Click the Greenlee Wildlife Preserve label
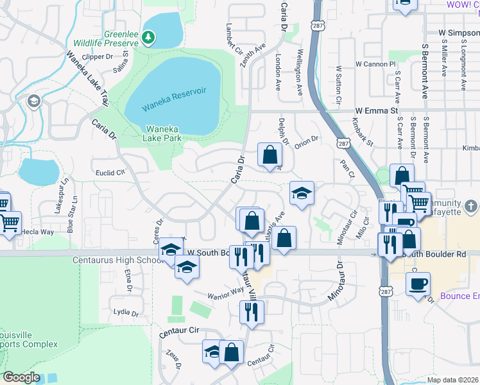pyautogui.click(x=121, y=38)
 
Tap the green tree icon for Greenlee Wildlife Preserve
pyautogui.click(x=148, y=38)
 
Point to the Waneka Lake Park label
pyautogui.click(x=164, y=133)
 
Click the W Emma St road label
pyautogui.click(x=379, y=110)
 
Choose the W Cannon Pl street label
pyautogui.click(x=375, y=64)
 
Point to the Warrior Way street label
pyautogui.click(x=225, y=293)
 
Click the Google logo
pyautogui.click(x=21, y=377)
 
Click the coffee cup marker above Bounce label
pyautogui.click(x=418, y=283)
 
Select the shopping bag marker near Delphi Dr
pyautogui.click(x=270, y=155)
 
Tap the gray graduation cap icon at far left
pyautogui.click(x=33, y=101)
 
